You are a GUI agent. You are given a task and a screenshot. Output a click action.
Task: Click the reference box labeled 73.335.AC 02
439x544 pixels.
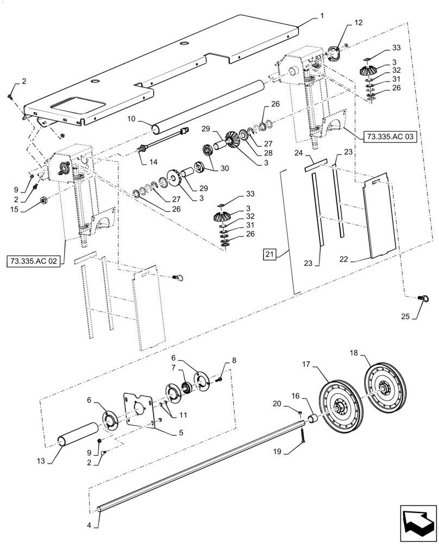36,261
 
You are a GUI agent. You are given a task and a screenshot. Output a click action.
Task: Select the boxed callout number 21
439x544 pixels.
270,254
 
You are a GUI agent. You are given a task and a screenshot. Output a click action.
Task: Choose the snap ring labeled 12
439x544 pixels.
336,54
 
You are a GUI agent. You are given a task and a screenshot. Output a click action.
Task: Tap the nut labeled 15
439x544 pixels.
43,202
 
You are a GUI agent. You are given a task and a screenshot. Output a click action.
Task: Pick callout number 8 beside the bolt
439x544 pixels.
234,360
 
